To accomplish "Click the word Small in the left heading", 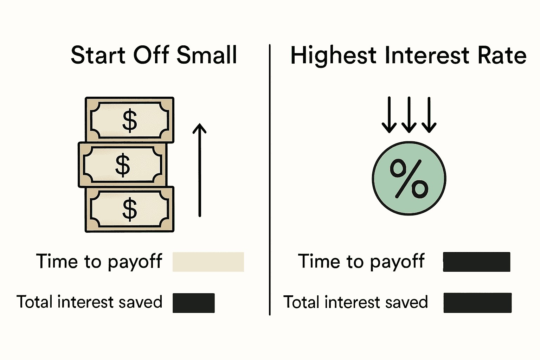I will (x=207, y=55).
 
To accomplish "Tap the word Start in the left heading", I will (x=98, y=55).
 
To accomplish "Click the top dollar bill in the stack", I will (x=129, y=120).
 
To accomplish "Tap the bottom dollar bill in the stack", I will (x=129, y=209).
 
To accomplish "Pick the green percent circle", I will (x=409, y=178).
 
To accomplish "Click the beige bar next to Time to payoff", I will (x=208, y=262).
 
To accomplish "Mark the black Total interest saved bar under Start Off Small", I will (x=193, y=303).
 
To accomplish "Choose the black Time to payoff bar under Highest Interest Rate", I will (x=476, y=262).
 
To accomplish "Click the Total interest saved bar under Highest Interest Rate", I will (x=477, y=303).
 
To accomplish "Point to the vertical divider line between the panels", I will (x=270, y=179).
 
